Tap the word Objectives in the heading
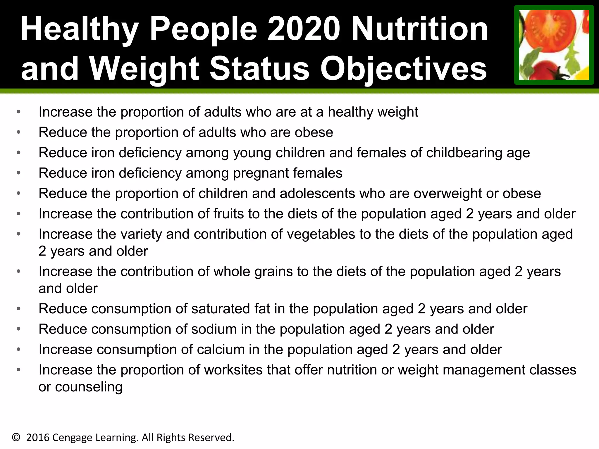(404, 69)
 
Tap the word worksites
(233, 370)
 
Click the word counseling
(89, 387)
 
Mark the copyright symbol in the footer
(16, 438)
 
